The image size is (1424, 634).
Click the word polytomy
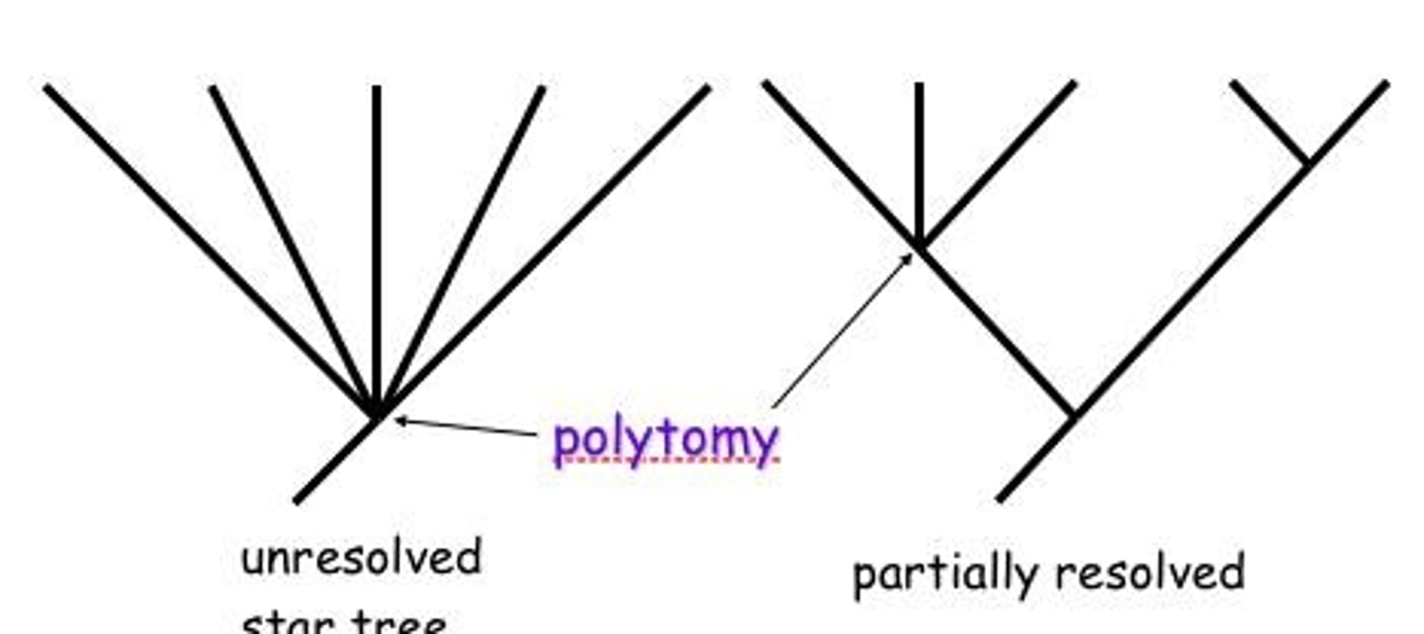tap(666, 440)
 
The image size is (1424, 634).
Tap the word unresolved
tap(361, 559)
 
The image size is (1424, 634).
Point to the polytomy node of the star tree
tap(377, 414)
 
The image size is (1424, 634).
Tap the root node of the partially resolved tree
tap(1075, 415)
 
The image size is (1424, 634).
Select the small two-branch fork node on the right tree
tap(1307, 161)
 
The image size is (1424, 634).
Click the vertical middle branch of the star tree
tap(377, 247)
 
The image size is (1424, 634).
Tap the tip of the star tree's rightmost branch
tap(706, 88)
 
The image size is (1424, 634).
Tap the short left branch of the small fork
tap(1270, 122)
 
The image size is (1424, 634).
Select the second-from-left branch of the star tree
tap(292, 247)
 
